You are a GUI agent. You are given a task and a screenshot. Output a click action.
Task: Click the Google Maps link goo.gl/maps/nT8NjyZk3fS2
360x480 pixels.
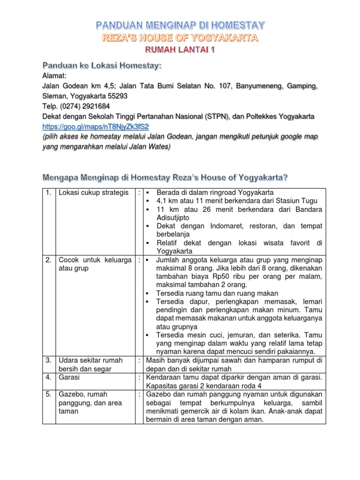tap(95, 127)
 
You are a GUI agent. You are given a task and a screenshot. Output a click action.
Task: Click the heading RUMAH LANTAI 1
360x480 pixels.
tap(180, 50)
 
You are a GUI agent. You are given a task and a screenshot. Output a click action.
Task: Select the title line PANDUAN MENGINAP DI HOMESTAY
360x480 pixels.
tap(180, 24)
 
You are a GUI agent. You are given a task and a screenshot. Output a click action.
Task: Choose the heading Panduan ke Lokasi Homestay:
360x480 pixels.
tap(102, 65)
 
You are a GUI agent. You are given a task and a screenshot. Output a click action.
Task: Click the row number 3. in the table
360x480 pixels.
tap(48, 360)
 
